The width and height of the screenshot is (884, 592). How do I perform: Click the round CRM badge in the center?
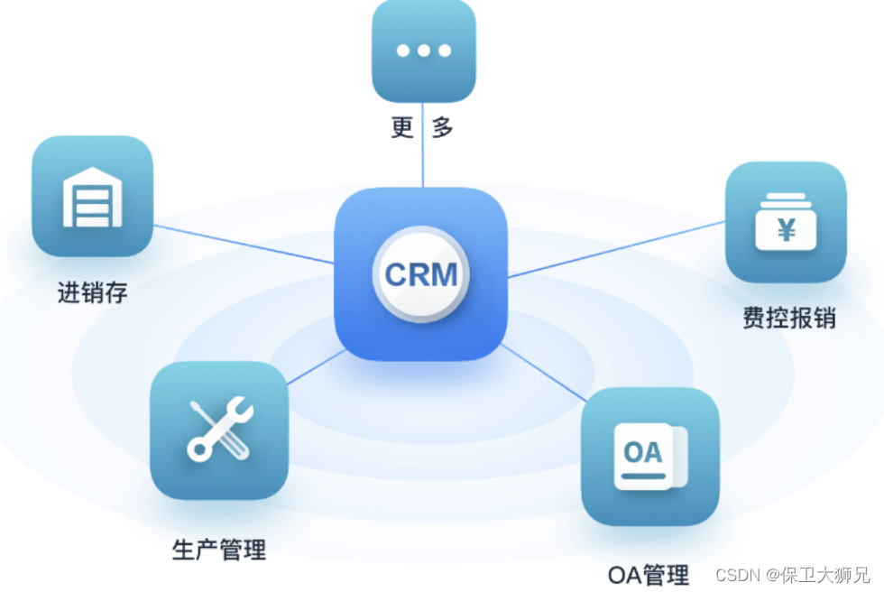tap(420, 274)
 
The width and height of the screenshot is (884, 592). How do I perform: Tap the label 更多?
tap(422, 127)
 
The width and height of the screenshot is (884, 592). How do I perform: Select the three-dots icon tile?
tap(423, 51)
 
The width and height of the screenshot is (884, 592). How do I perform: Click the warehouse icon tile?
tap(92, 196)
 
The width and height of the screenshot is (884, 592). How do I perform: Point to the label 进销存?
tap(92, 292)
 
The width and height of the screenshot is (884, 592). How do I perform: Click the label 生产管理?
tap(219, 548)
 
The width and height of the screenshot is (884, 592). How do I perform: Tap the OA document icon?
tap(649, 456)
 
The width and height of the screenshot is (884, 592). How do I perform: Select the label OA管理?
tap(648, 574)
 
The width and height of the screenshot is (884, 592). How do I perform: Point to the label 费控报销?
tap(789, 319)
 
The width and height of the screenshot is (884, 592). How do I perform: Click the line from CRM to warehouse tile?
tap(244, 244)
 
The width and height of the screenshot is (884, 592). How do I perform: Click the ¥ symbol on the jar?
tap(787, 232)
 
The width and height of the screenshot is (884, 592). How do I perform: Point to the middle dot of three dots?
tap(423, 51)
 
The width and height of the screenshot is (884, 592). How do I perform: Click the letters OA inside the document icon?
tap(643, 450)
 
